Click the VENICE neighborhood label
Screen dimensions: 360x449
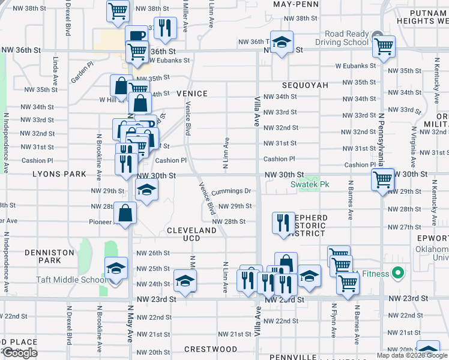[192, 94]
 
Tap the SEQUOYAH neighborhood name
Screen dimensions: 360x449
[305, 85]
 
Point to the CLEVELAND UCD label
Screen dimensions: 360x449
[191, 235]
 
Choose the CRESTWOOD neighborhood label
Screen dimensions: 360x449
[211, 349]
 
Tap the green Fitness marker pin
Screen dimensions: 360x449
[397, 274]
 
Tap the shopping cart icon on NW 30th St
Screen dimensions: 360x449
[382, 178]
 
